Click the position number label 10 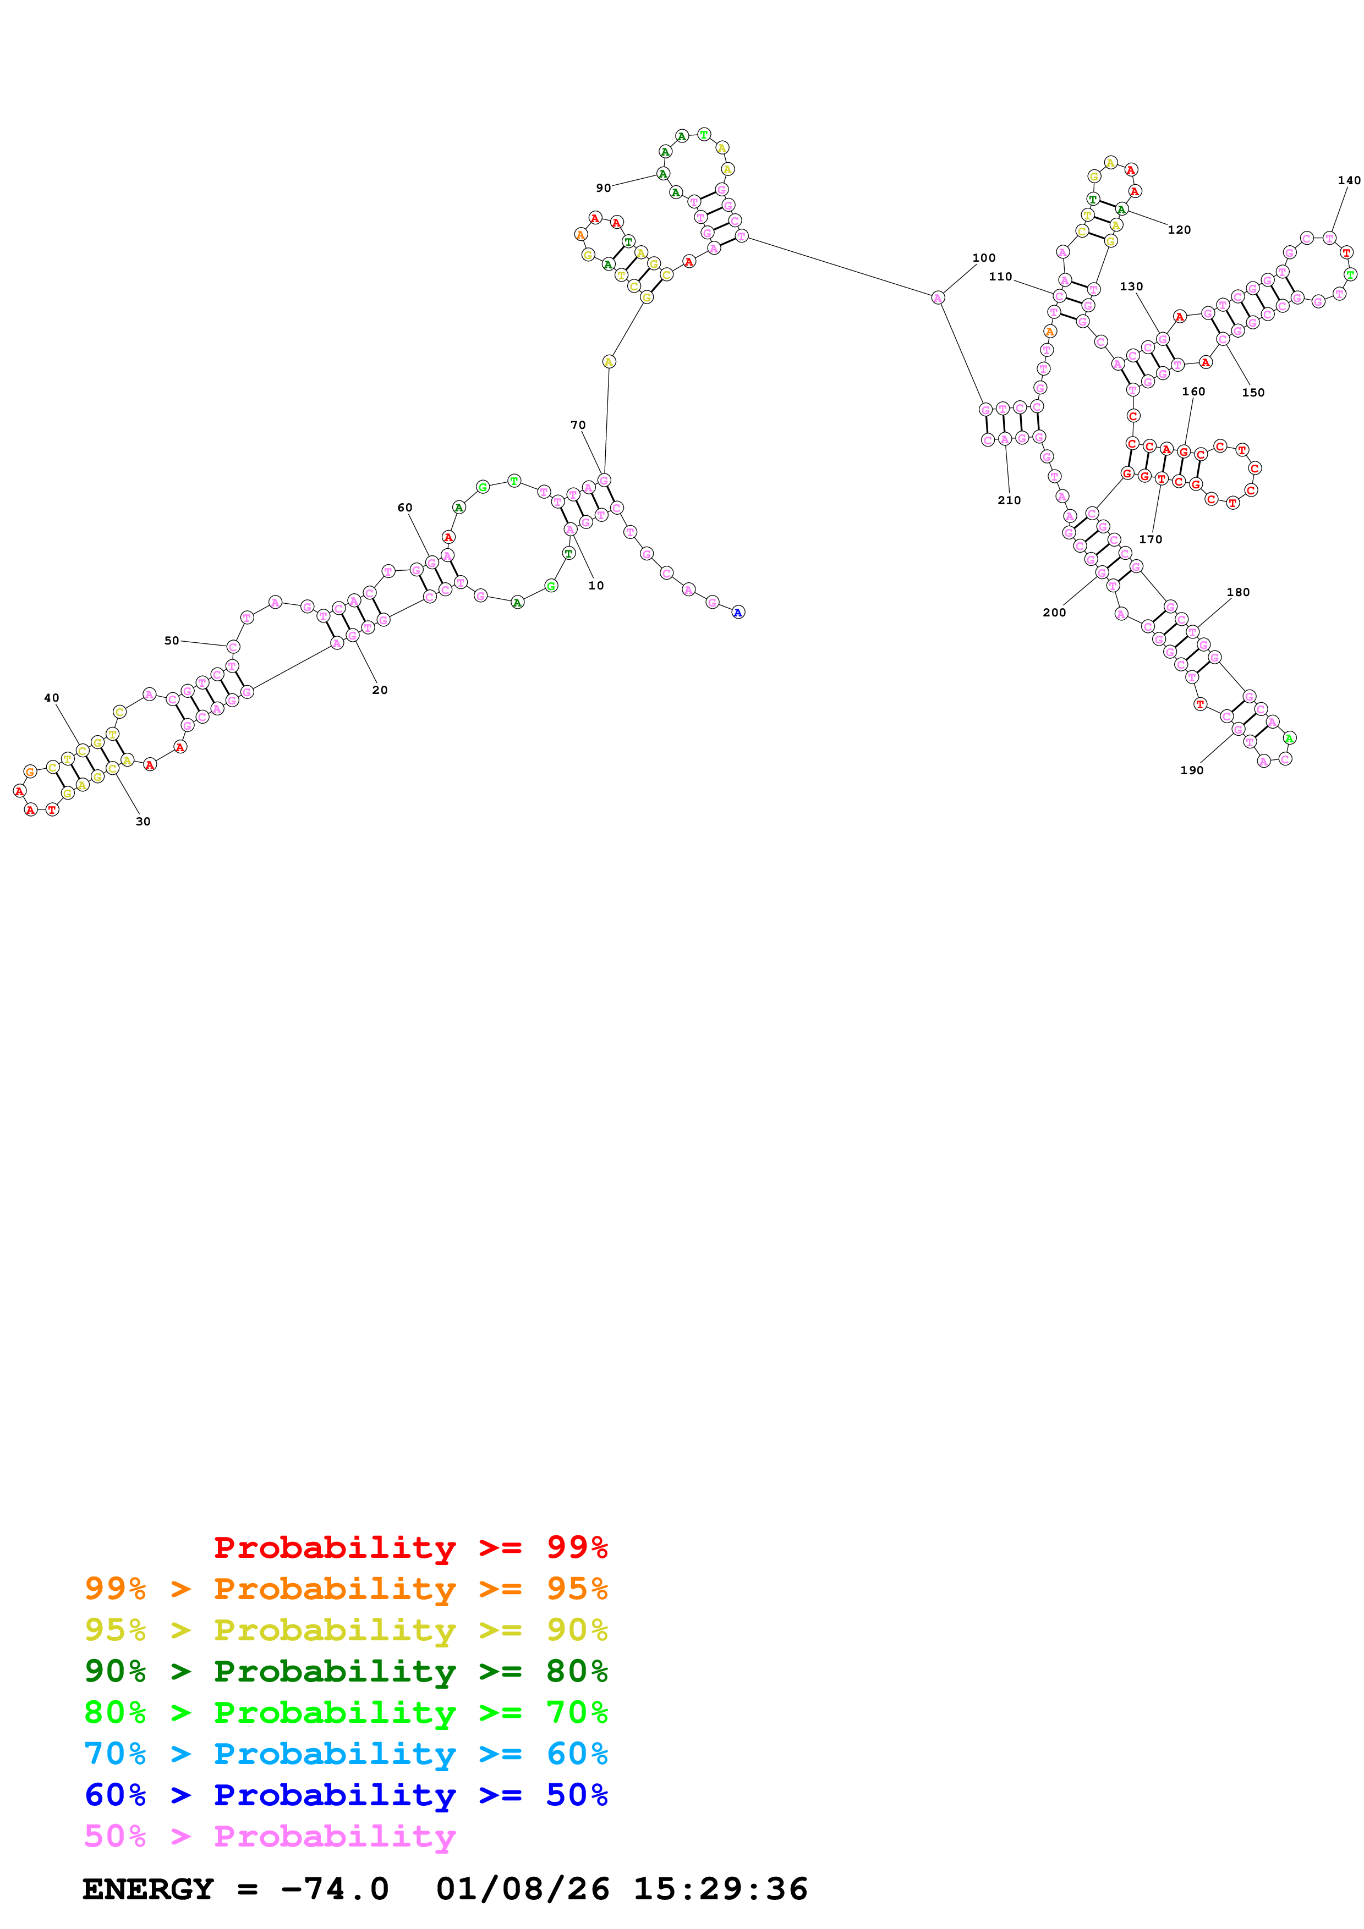point(596,586)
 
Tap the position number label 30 point(143,822)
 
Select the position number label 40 point(51,698)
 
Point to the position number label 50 point(172,641)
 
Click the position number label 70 point(578,425)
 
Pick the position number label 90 point(604,188)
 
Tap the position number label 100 point(983,258)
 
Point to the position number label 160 point(1193,392)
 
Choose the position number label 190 point(1192,770)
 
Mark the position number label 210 point(1009,501)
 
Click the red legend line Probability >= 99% point(410,1547)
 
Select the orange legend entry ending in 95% point(346,1588)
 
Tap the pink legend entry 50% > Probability point(270,1836)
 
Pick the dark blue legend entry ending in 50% point(346,1795)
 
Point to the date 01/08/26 point(522,1889)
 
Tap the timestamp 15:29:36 point(720,1889)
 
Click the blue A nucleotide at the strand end point(738,613)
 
